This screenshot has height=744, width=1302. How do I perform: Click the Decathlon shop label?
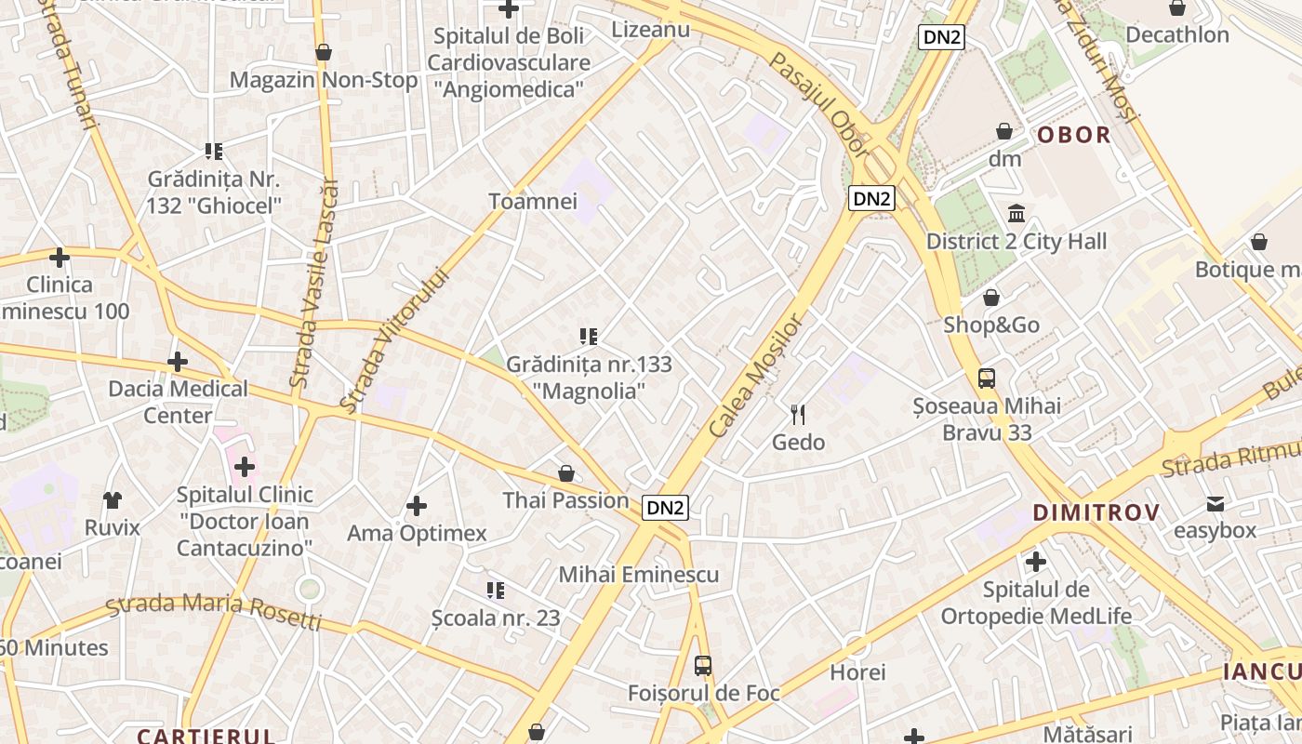click(1176, 35)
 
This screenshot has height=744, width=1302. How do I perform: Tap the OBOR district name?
click(1074, 135)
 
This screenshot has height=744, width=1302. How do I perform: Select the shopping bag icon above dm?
click(1004, 131)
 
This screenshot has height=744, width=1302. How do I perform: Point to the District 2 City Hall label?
click(1016, 242)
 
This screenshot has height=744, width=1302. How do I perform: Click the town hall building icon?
click(1016, 214)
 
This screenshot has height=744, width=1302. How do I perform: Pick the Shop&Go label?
click(991, 325)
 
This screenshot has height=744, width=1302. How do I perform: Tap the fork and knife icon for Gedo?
click(798, 415)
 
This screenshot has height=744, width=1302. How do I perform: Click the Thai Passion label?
click(565, 500)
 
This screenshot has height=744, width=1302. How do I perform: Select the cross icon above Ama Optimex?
click(417, 506)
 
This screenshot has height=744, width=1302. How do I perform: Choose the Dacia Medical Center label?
click(178, 402)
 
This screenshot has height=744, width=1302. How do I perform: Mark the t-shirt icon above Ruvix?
click(113, 500)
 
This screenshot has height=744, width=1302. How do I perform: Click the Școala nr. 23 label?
click(496, 618)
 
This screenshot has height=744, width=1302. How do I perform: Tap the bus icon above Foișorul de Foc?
click(703, 666)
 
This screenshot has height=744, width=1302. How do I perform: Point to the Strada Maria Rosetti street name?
click(214, 610)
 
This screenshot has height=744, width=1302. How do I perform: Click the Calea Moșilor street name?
click(754, 376)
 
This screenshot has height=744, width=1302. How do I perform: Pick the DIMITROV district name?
click(1096, 512)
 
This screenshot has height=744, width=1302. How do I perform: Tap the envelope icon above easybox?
click(1216, 504)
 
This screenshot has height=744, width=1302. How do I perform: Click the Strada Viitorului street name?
click(394, 340)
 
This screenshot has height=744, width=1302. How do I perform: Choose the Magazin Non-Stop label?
click(324, 80)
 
